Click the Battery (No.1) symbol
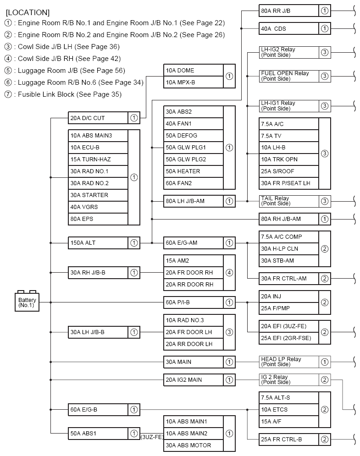pyautogui.click(x=27, y=301)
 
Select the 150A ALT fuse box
pyautogui.click(x=98, y=243)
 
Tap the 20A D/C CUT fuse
pyautogui.click(x=98, y=118)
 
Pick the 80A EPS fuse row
pyautogui.click(x=98, y=219)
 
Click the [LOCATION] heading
pyautogui.click(x=28, y=12)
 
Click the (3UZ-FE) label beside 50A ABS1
pyautogui.click(x=152, y=437)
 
